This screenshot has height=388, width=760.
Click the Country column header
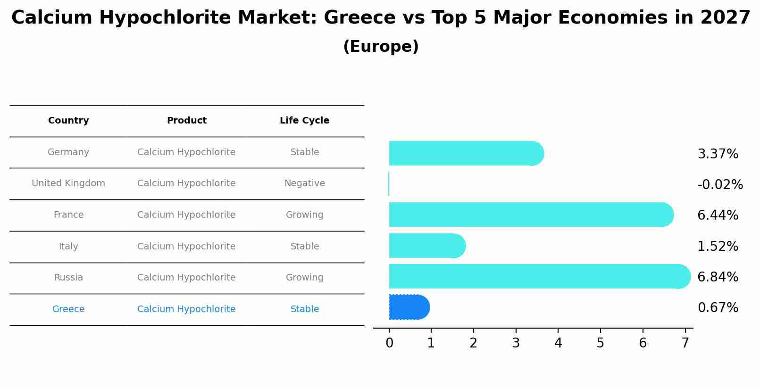[68, 121]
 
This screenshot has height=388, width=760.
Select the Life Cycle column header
[304, 121]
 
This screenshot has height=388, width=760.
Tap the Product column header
[186, 121]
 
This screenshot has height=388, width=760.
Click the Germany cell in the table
[68, 152]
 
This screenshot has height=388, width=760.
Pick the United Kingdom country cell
[68, 183]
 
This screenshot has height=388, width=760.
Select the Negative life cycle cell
[304, 183]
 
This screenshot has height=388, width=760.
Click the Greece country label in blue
[68, 309]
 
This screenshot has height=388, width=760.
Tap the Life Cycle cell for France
[304, 215]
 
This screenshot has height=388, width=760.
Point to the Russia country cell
[68, 278]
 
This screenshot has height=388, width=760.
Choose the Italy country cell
[68, 247]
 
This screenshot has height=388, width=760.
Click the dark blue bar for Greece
[408, 307]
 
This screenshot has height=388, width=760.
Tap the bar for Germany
[465, 153]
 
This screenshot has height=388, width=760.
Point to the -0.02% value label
[720, 185]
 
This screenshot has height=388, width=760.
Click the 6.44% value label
[718, 215]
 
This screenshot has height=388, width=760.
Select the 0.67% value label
[718, 308]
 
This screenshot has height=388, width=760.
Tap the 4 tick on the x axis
[558, 343]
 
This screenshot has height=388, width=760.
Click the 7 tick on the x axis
[685, 343]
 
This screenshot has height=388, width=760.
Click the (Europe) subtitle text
[381, 47]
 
